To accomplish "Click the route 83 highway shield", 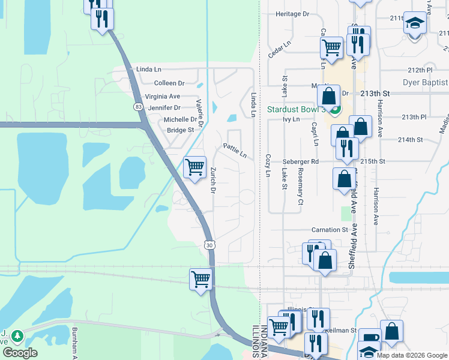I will click(x=139, y=106).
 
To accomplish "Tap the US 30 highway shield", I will click(x=209, y=245).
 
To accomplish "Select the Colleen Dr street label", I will click(x=169, y=83).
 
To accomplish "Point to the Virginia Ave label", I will click(x=162, y=96).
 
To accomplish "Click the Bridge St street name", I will click(x=180, y=130).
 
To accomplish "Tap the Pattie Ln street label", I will click(x=235, y=150).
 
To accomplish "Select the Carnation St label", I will click(x=330, y=230).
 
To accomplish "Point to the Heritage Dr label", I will click(x=292, y=13).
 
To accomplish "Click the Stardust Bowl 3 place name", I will click(x=296, y=110).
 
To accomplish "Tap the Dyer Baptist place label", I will click(x=425, y=82).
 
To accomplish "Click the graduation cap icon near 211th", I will click(x=415, y=23).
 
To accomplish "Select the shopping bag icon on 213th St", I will click(x=329, y=95).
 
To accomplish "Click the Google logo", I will click(x=19, y=353).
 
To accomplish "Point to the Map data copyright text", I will click(x=412, y=355).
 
